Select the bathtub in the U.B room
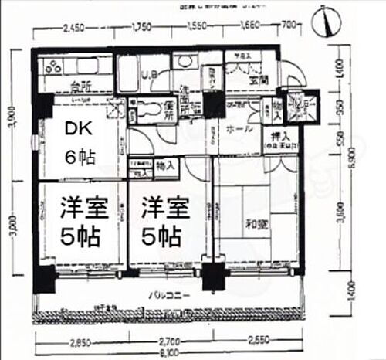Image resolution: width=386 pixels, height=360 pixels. pyautogui.click(x=131, y=76)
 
